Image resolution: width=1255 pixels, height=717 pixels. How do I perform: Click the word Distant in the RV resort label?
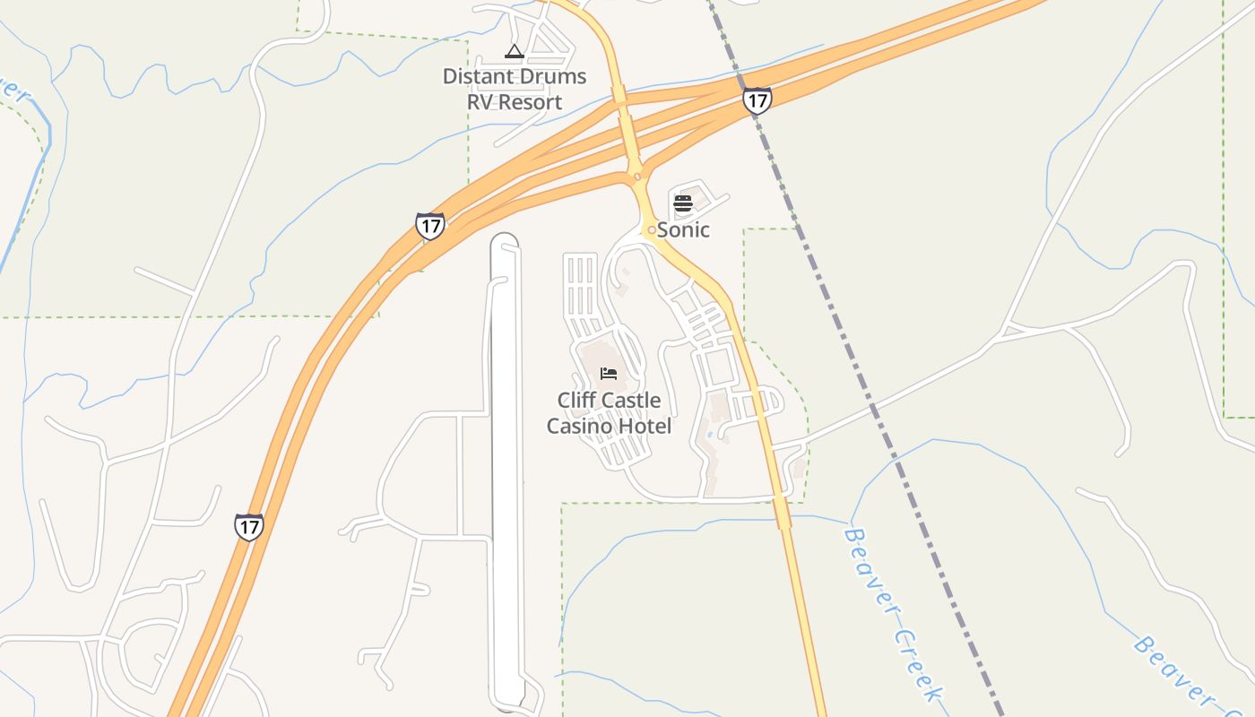(476, 76)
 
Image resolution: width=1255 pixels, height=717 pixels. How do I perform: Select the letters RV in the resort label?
(480, 102)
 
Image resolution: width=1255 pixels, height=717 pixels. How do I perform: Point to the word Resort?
(530, 102)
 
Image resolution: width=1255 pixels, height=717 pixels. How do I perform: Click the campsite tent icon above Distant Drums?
(514, 52)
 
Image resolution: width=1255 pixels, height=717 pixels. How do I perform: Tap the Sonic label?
(684, 229)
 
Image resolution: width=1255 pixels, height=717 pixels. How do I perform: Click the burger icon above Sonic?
(683, 203)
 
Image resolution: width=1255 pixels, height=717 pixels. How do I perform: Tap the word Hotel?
(644, 426)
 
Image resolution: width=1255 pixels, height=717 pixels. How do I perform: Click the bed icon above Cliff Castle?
(609, 374)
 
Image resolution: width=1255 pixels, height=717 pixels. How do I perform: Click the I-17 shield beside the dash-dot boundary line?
(757, 100)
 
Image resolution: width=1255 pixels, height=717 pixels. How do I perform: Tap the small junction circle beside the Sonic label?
(652, 230)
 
